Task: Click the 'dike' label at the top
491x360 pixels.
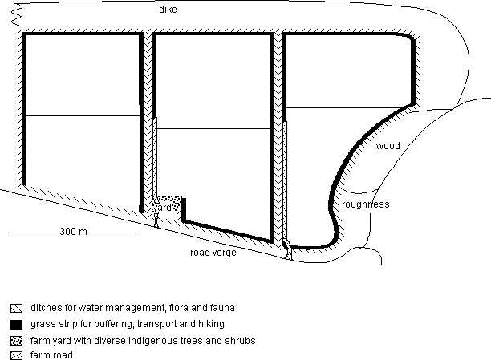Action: (168, 10)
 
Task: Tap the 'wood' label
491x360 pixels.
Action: (388, 146)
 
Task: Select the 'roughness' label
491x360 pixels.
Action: (365, 204)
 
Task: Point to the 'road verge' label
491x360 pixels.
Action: (213, 253)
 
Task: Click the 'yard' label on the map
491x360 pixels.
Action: (162, 208)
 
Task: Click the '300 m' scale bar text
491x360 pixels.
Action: (73, 232)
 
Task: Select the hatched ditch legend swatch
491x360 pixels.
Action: (16, 308)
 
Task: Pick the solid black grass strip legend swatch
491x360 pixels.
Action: (16, 325)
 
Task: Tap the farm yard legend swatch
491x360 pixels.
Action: (16, 341)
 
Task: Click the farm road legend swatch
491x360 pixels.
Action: (16, 356)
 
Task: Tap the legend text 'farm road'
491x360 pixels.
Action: (51, 355)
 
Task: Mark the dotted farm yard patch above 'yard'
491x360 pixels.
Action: (170, 200)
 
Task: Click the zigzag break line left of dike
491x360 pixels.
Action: (16, 15)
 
